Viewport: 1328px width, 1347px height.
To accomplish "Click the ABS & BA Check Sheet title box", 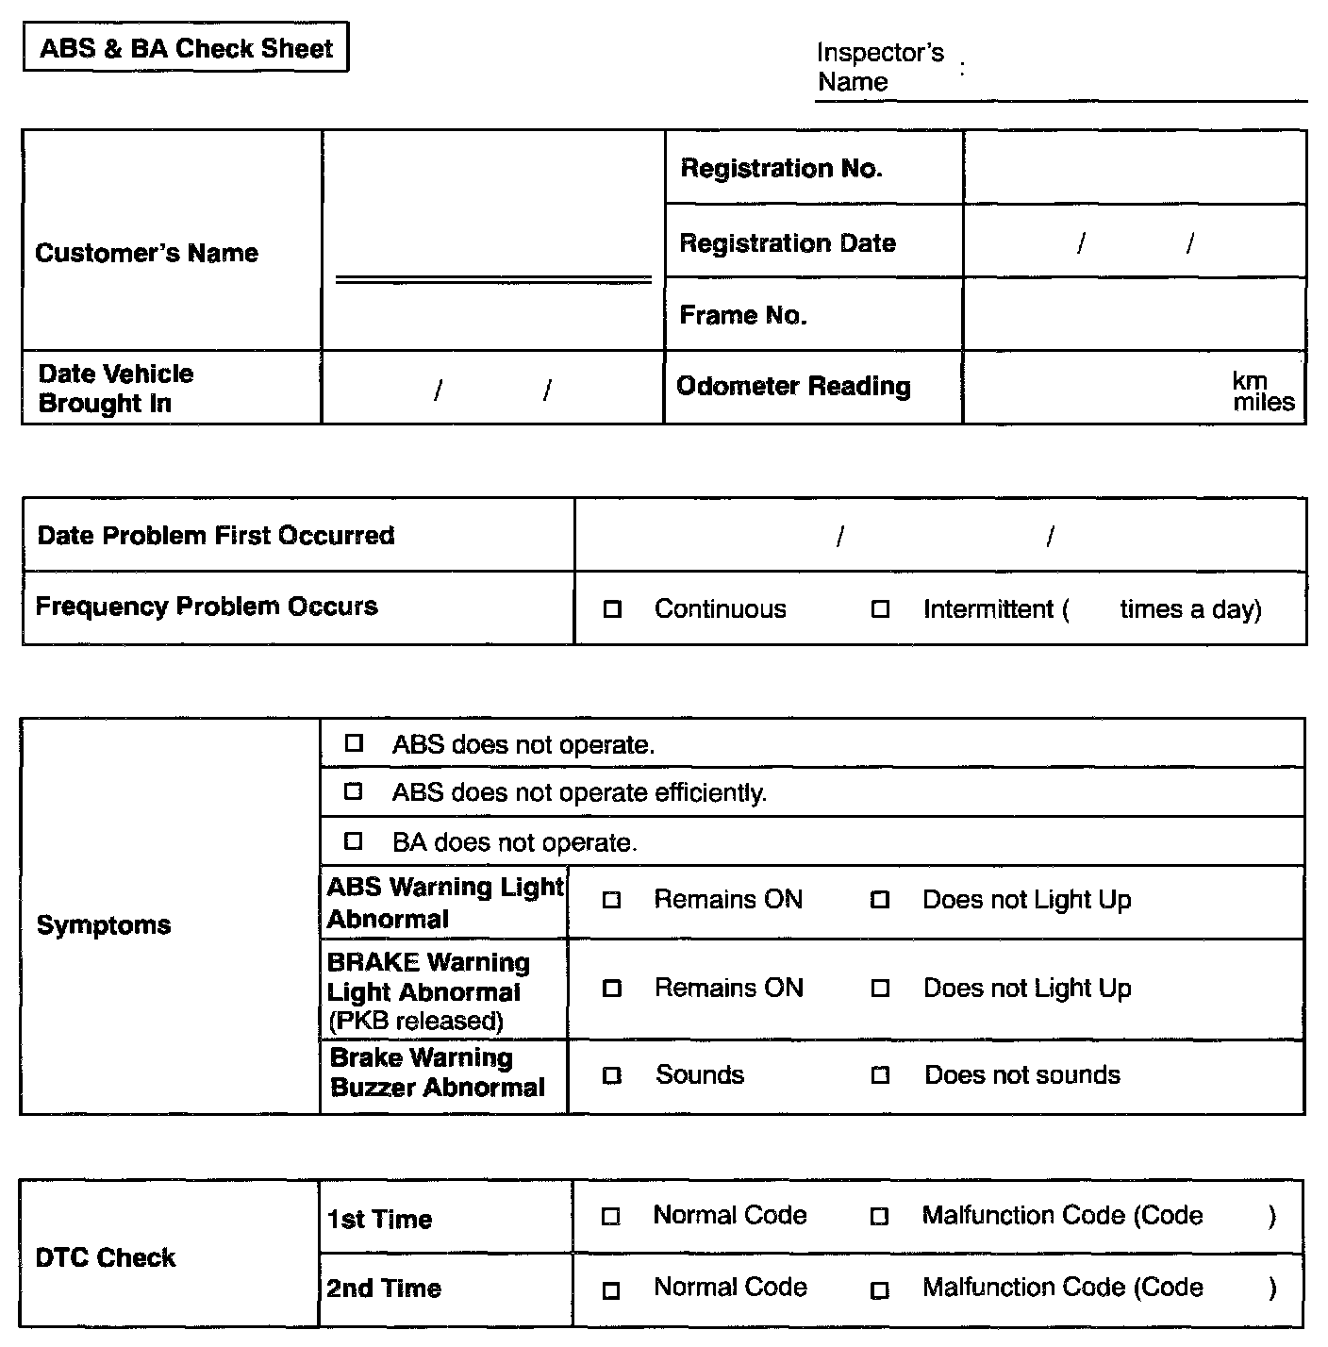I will click(x=186, y=48).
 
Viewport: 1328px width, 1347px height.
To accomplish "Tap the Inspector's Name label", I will click(x=879, y=67).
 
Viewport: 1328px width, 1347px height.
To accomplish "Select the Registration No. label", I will click(x=781, y=169).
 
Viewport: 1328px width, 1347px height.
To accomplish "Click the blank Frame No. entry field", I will click(x=1134, y=314).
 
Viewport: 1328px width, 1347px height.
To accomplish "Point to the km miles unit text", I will click(x=1262, y=391).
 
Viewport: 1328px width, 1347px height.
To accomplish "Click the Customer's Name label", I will click(x=146, y=253).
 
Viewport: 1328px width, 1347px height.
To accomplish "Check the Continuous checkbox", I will click(x=612, y=609).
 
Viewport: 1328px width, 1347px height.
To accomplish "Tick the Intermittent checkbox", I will click(x=880, y=609).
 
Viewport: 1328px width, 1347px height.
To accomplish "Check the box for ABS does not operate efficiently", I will click(x=354, y=791).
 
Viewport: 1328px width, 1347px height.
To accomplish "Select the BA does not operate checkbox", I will click(x=354, y=840).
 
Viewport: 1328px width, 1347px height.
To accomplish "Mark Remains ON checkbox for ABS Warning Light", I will click(x=612, y=900).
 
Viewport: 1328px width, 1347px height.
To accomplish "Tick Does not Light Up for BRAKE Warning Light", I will click(x=880, y=989).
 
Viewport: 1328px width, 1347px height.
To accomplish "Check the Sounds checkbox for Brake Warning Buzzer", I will click(x=612, y=1075).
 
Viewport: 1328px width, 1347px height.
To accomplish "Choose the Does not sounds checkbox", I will click(x=880, y=1075).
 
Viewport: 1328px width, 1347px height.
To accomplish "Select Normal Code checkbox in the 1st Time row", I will click(x=611, y=1217).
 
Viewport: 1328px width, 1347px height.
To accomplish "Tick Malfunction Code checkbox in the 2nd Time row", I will click(x=880, y=1289).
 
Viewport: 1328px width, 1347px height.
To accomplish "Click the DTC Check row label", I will click(x=106, y=1257).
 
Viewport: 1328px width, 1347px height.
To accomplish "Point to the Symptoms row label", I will click(x=104, y=924).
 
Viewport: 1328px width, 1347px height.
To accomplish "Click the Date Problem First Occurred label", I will click(x=215, y=536).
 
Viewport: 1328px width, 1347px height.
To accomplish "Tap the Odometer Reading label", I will click(x=793, y=387).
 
